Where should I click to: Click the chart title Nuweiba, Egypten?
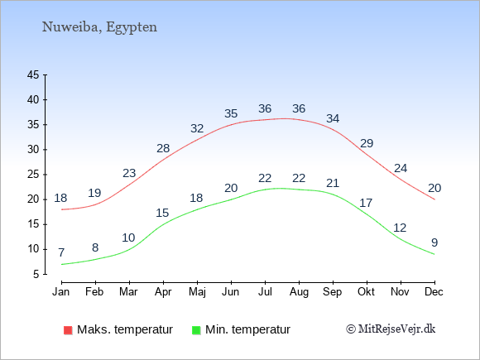[99, 27]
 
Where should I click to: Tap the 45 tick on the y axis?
[33, 74]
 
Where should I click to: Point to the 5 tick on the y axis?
[36, 274]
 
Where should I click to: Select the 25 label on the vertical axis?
[33, 175]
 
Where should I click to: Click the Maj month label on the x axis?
[197, 292]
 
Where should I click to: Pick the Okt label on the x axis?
[366, 292]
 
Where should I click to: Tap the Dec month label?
[434, 292]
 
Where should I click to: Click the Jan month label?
[61, 292]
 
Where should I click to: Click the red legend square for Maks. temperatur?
[68, 330]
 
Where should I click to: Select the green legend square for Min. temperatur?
[196, 330]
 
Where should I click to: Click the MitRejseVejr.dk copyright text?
[391, 329]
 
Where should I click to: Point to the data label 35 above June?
[231, 113]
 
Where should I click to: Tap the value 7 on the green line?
[61, 252]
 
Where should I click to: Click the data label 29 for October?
[367, 143]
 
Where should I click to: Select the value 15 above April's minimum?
[162, 213]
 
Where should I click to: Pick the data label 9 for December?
[434, 242]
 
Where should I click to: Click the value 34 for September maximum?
[333, 118]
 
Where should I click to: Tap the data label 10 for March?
[128, 238]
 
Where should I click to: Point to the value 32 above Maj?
[197, 128]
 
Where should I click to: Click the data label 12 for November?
[400, 228]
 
